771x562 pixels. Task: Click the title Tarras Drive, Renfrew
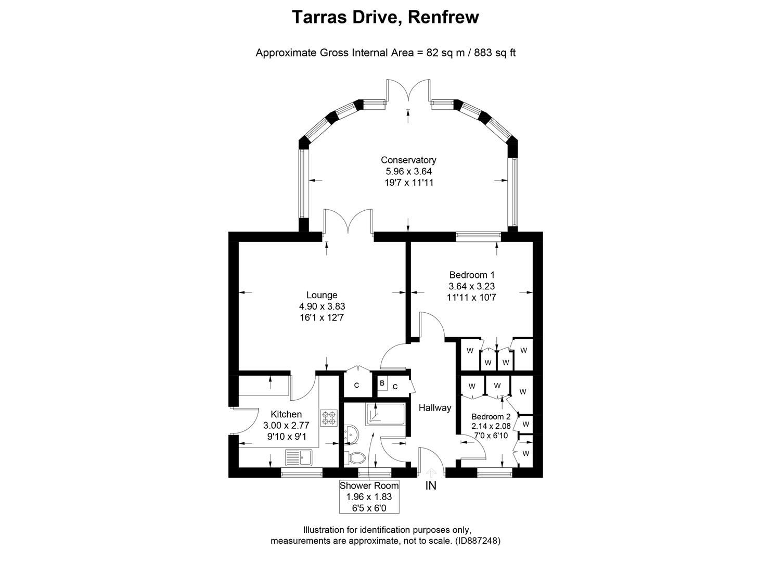coord(385,17)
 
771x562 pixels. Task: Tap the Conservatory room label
coord(408,160)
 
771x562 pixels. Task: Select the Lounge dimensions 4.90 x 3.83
coord(322,306)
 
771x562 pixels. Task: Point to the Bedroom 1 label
coord(471,275)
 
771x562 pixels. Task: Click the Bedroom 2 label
coord(491,417)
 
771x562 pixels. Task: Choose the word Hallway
coord(434,408)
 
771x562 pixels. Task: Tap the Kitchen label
coord(286,414)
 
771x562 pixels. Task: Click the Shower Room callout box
coord(369,496)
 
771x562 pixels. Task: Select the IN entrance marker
coord(431,486)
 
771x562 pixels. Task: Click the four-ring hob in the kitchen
coord(329,417)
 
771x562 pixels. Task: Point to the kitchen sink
coord(298,458)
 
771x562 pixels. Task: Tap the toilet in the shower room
coord(357,458)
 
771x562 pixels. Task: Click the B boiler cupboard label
coord(382,384)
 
